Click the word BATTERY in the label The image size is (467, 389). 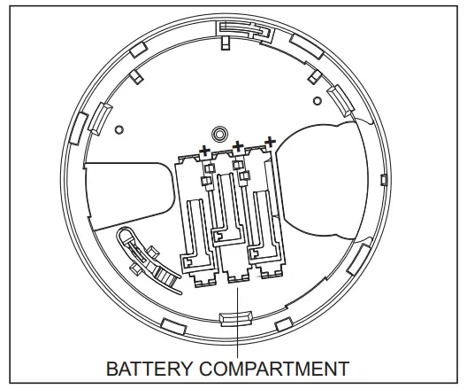pos(143,367)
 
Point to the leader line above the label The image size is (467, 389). pos(237,341)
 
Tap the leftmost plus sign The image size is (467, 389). pos(206,152)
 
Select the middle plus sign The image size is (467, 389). pos(237,144)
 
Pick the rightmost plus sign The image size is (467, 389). pos(268,140)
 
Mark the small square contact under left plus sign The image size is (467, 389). pos(209,168)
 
